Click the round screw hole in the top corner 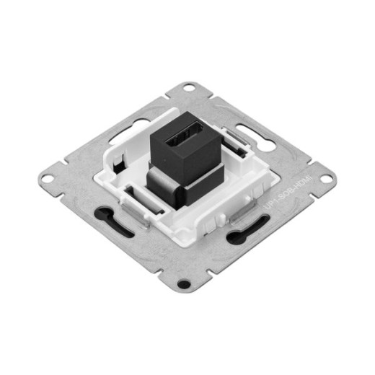coord(189,89)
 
